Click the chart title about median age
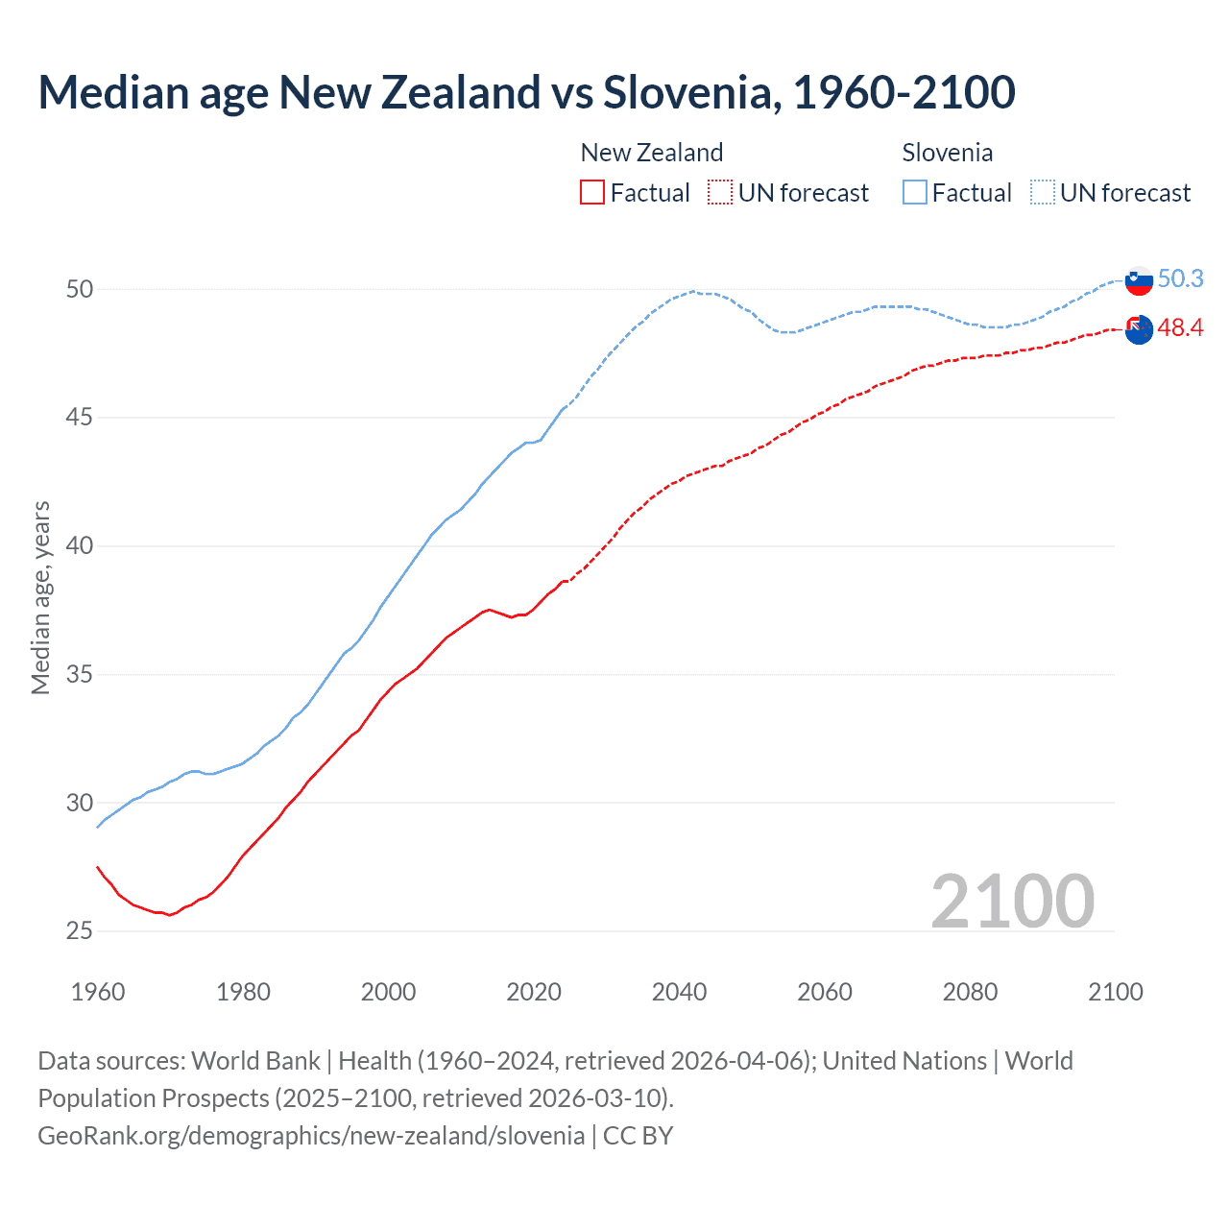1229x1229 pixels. pyautogui.click(x=526, y=92)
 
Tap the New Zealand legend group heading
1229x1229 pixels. pyautogui.click(x=651, y=153)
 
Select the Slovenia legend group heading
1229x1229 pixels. pyautogui.click(x=947, y=153)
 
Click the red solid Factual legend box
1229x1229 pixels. pyautogui.click(x=592, y=192)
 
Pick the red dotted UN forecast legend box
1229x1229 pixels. pyautogui.click(x=720, y=192)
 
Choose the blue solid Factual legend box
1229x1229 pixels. pyautogui.click(x=915, y=192)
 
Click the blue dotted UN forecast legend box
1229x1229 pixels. pyautogui.click(x=1043, y=192)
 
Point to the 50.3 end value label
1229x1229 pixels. pyautogui.click(x=1180, y=278)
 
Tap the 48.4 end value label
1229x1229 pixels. pyautogui.click(x=1180, y=328)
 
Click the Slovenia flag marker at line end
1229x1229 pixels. pyautogui.click(x=1139, y=280)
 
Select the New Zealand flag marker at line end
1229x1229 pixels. pyautogui.click(x=1139, y=329)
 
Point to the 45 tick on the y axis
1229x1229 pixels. pyautogui.click(x=79, y=418)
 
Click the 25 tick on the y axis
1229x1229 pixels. pyautogui.click(x=79, y=930)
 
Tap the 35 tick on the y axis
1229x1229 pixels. pyautogui.click(x=79, y=674)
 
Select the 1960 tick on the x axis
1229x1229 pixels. pyautogui.click(x=98, y=992)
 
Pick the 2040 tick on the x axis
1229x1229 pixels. pyautogui.click(x=679, y=992)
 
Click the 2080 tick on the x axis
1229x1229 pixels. pyautogui.click(x=970, y=992)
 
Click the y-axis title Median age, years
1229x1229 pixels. pyautogui.click(x=40, y=597)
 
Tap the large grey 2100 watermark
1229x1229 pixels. pyautogui.click(x=1012, y=901)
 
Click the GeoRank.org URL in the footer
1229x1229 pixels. pyautogui.click(x=311, y=1136)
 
